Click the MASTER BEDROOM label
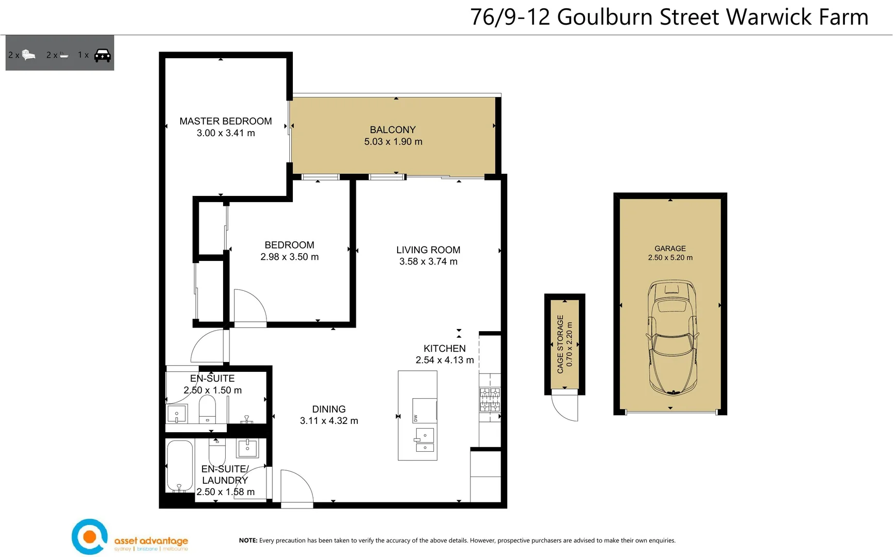tap(226, 121)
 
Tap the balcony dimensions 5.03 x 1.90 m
tap(393, 142)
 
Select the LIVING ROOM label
tap(428, 250)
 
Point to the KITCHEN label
tap(444, 349)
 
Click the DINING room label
tap(328, 409)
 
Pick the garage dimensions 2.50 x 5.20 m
tap(670, 258)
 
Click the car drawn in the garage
tap(672, 338)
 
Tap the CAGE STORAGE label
tap(560, 344)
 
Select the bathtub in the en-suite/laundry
tap(179, 466)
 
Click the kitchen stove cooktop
tap(490, 400)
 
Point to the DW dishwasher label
tap(415, 418)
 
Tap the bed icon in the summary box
tap(29, 55)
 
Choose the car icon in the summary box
tap(102, 55)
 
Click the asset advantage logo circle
tap(90, 537)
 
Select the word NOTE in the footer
tap(248, 540)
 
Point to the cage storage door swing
tap(566, 407)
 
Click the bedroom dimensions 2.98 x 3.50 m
tap(289, 257)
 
